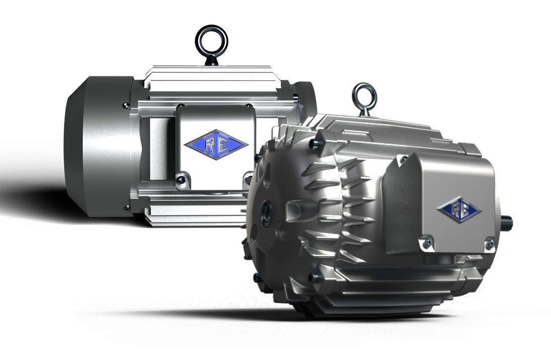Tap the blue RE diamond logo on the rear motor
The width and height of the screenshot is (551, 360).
pyautogui.click(x=216, y=144)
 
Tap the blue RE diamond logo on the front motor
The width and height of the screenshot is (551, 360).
pyautogui.click(x=458, y=210)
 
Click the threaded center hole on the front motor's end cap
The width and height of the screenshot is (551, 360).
pyautogui.click(x=264, y=207)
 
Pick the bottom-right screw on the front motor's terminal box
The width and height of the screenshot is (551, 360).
pyautogui.click(x=488, y=244)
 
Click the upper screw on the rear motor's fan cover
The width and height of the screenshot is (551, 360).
pyautogui.click(x=126, y=106)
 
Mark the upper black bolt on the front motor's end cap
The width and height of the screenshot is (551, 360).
pyautogui.click(x=314, y=145)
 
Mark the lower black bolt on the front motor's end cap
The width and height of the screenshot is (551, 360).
pyautogui.click(x=312, y=277)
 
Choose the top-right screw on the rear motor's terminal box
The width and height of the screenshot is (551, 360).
pyautogui.click(x=248, y=107)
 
